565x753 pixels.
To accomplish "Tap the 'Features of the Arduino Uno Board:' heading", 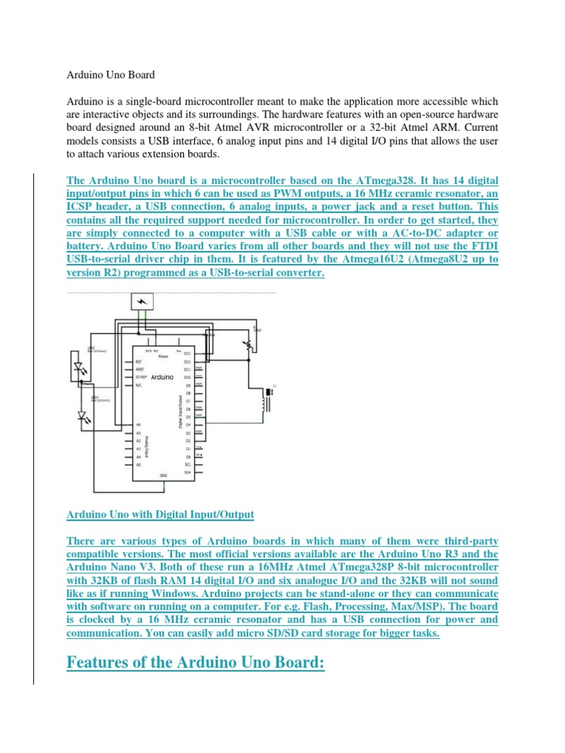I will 196,663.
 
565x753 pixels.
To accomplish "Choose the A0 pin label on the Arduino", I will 138,425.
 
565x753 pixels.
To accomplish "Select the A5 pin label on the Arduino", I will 138,465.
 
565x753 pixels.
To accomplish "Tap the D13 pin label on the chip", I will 187,354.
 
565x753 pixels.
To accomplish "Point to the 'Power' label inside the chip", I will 163,356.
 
